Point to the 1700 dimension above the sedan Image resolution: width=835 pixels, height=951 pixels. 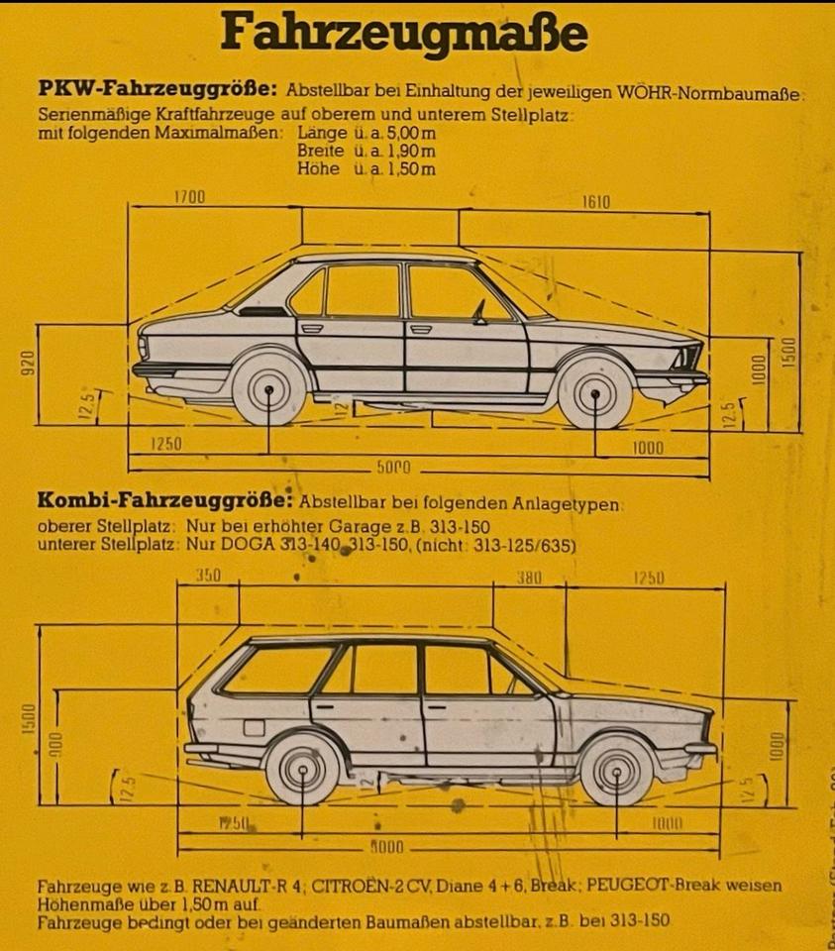point(189,196)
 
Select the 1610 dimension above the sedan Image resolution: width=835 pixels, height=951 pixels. point(595,203)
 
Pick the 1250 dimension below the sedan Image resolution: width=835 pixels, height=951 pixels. point(165,445)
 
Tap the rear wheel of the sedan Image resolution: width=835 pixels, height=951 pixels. point(268,390)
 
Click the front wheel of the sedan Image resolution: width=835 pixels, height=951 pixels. point(595,393)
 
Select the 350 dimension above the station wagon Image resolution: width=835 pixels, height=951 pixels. point(208,576)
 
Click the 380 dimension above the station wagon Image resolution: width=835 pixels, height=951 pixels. point(528,578)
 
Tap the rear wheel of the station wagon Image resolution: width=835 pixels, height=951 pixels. point(303,769)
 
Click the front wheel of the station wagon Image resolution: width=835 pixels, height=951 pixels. point(616,770)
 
